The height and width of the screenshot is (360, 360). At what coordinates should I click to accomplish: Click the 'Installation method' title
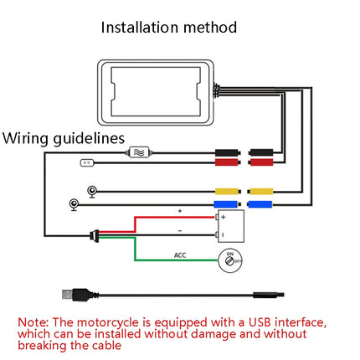point(169,27)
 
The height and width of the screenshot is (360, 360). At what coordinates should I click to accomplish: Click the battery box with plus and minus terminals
point(229,224)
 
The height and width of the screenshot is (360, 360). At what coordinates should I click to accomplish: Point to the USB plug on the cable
point(71,294)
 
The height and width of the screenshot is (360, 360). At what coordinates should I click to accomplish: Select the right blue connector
point(261,203)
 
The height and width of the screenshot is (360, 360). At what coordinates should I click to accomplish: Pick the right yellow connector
point(261,191)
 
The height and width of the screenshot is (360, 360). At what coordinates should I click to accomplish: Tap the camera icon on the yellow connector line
point(92,191)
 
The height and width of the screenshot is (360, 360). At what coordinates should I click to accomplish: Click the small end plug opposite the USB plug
point(270,294)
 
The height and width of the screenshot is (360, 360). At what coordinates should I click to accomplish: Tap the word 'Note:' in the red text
point(34,321)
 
